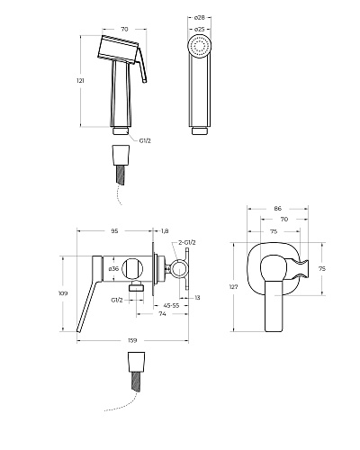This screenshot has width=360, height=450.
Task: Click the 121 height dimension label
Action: pyautogui.click(x=80, y=80)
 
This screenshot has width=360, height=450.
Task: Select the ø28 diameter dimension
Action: pyautogui.click(x=200, y=18)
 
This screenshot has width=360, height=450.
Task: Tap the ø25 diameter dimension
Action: pyautogui.click(x=200, y=30)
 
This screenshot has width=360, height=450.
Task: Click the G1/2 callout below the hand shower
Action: pyautogui.click(x=145, y=140)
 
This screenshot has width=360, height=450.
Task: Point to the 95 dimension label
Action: pyautogui.click(x=114, y=230)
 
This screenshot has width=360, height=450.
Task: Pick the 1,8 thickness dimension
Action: pyautogui.click(x=165, y=230)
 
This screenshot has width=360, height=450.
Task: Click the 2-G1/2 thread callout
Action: pyautogui.click(x=187, y=243)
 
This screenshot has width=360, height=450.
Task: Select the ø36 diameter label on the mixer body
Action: pyautogui.click(x=113, y=269)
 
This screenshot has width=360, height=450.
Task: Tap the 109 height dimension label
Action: pyautogui.click(x=63, y=293)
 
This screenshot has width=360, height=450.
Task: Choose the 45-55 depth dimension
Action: pyautogui.click(x=171, y=305)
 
